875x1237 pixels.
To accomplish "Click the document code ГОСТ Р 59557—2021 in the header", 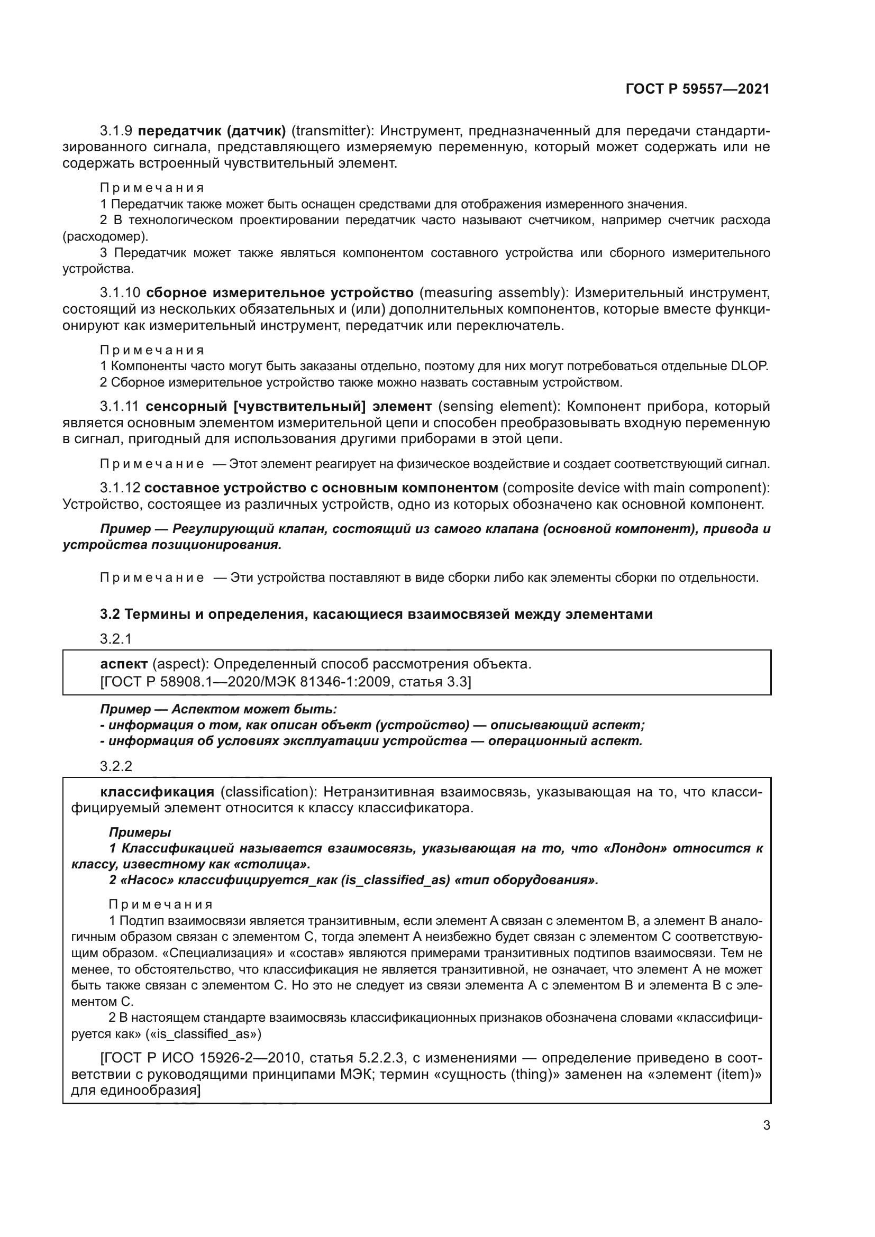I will coord(697,89).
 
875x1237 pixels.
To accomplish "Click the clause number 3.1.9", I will coord(116,131).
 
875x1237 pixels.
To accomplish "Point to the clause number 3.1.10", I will coord(120,293).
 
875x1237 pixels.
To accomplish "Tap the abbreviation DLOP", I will coord(749,366).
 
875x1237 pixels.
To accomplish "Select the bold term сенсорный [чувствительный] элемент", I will coord(288,406).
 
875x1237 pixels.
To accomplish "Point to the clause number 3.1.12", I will coord(120,488).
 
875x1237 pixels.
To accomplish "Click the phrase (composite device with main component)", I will coord(636,488).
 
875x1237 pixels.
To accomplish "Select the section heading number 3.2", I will coord(110,614).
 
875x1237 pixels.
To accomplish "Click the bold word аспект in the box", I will coord(124,664).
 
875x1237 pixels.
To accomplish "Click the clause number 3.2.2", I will coord(116,766).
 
